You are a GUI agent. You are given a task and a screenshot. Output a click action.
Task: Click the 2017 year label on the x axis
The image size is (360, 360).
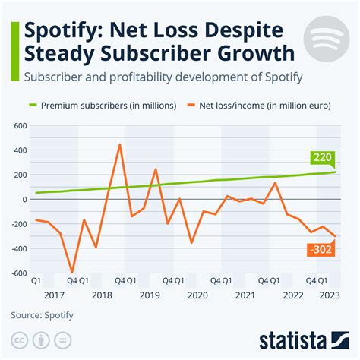pos(54,295)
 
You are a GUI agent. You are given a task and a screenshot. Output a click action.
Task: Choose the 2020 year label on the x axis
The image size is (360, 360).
pos(197,295)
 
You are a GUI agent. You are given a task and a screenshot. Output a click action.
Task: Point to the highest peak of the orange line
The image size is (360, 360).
pos(120,144)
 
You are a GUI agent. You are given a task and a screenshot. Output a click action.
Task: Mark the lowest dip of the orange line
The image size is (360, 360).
pos(72,272)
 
